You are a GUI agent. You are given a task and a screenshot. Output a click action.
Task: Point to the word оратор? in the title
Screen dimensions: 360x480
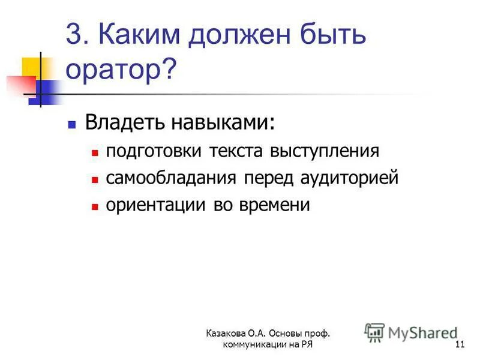[x=121, y=70]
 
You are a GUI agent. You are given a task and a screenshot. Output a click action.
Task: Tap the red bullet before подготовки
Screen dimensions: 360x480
[x=94, y=153]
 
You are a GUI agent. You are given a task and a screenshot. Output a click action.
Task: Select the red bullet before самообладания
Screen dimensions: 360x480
[x=94, y=179]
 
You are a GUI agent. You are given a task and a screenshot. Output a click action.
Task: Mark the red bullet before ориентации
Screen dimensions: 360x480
[x=94, y=206]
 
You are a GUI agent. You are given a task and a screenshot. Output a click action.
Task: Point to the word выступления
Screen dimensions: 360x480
[x=325, y=151]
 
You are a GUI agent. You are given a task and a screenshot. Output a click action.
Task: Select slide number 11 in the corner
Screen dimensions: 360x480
[x=460, y=344]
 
